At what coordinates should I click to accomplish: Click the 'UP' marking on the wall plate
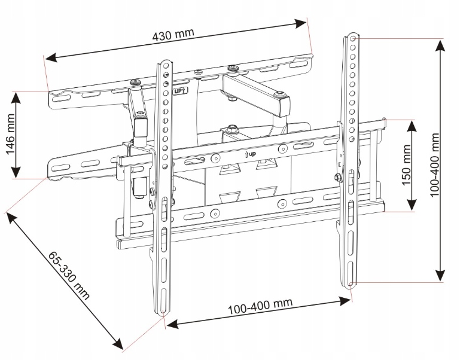pos(179,91)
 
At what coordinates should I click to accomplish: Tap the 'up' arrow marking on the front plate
pos(251,153)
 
